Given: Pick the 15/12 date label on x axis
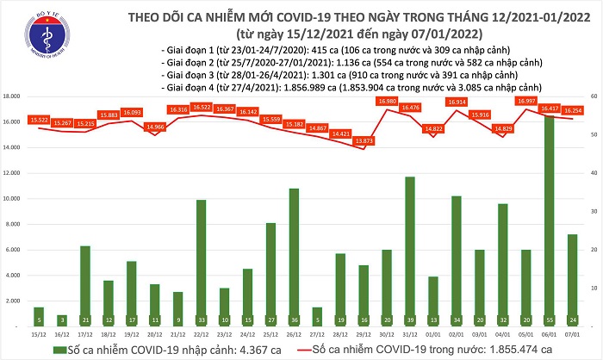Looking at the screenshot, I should coord(38,331).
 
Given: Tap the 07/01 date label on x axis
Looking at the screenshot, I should coord(572,331).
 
